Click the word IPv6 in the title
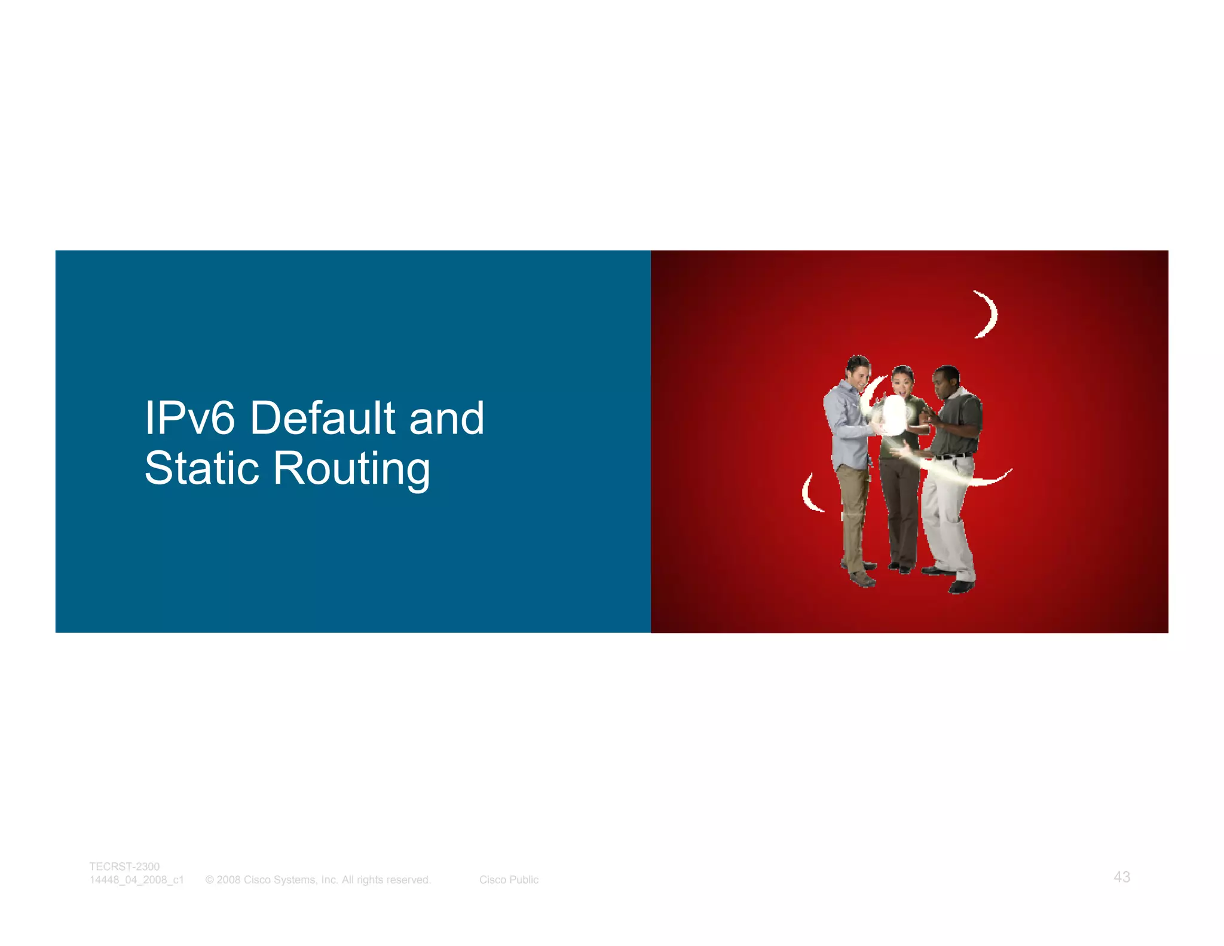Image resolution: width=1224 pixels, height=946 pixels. pos(190,418)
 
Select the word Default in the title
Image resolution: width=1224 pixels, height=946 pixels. pos(323,418)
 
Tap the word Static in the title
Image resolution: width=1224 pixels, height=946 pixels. pos(201,468)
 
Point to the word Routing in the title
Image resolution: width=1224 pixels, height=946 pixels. pos(351,469)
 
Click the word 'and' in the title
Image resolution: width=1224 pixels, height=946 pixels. pos(446,418)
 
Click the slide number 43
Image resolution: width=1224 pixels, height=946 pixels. pos(1122,877)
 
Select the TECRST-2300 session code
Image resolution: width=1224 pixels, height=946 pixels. pos(124,866)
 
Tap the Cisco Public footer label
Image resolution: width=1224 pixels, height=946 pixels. pos(509,880)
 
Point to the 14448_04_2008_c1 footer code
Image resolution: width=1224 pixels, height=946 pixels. pos(137,880)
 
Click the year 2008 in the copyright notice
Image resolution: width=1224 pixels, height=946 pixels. pos(228,880)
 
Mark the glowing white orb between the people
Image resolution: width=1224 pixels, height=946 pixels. pos(894,414)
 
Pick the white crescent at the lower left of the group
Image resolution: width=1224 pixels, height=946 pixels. pos(810,494)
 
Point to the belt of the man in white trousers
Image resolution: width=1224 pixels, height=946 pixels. pos(954,456)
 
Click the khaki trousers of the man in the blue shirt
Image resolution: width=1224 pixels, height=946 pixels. pos(851,514)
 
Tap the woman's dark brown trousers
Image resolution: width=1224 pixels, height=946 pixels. pos(899,508)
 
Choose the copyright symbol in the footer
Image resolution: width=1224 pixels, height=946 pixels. pos(210,880)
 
